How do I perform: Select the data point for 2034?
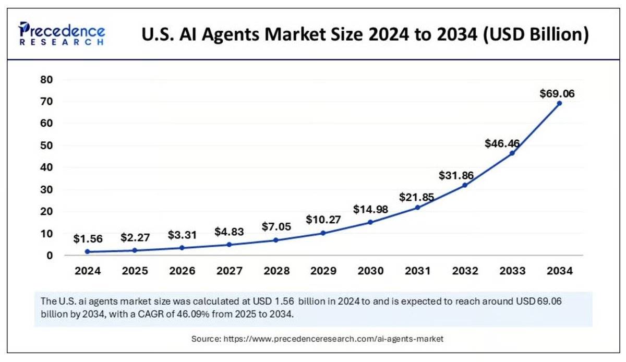coord(559,103)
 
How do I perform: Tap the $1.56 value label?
coord(88,239)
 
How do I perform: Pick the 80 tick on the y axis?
coord(46,80)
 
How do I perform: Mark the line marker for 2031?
coord(418,208)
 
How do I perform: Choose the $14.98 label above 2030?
coord(370,209)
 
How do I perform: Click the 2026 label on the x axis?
coord(182,271)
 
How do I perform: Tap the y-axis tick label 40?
coord(46,167)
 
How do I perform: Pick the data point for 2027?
coord(229,245)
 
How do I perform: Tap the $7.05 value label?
coord(276,227)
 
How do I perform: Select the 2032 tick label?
coord(465,271)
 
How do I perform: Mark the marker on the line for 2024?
coord(87,252)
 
